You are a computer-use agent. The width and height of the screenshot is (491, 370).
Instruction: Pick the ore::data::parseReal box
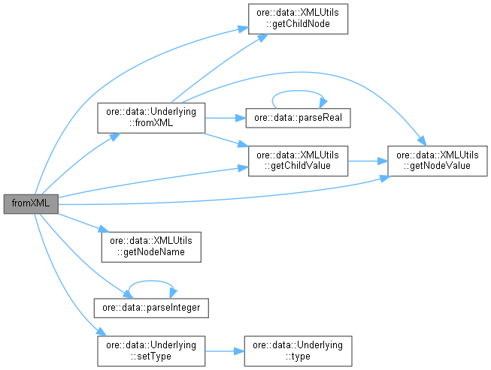coord(299,119)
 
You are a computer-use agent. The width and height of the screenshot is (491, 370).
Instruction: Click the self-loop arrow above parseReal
coord(299,94)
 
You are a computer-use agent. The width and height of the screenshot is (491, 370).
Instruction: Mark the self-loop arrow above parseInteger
coord(151,282)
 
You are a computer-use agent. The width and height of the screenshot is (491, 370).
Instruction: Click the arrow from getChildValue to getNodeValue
coord(368,159)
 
